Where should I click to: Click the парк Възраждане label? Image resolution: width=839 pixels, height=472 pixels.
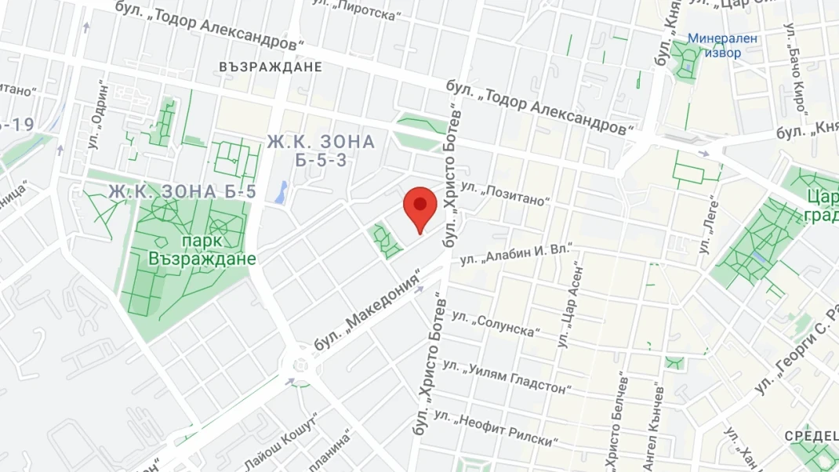click(x=202, y=249)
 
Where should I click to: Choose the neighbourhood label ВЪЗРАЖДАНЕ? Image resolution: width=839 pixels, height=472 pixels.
click(x=271, y=67)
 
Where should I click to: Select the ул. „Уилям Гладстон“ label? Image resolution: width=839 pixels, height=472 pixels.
click(x=506, y=376)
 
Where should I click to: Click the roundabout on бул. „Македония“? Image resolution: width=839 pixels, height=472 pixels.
click(x=299, y=364)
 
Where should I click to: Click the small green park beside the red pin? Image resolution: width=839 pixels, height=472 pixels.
click(x=385, y=240)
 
